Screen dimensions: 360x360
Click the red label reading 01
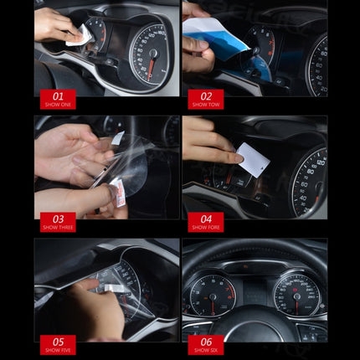pos(57,100)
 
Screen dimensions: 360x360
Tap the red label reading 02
pos(205,100)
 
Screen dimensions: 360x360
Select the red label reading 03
pos(57,222)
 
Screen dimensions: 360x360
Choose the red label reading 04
pos(205,222)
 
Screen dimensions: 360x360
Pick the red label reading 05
pos(57,344)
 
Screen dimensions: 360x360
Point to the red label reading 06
pos(205,344)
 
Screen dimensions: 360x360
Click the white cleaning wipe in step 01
pos(80,34)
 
